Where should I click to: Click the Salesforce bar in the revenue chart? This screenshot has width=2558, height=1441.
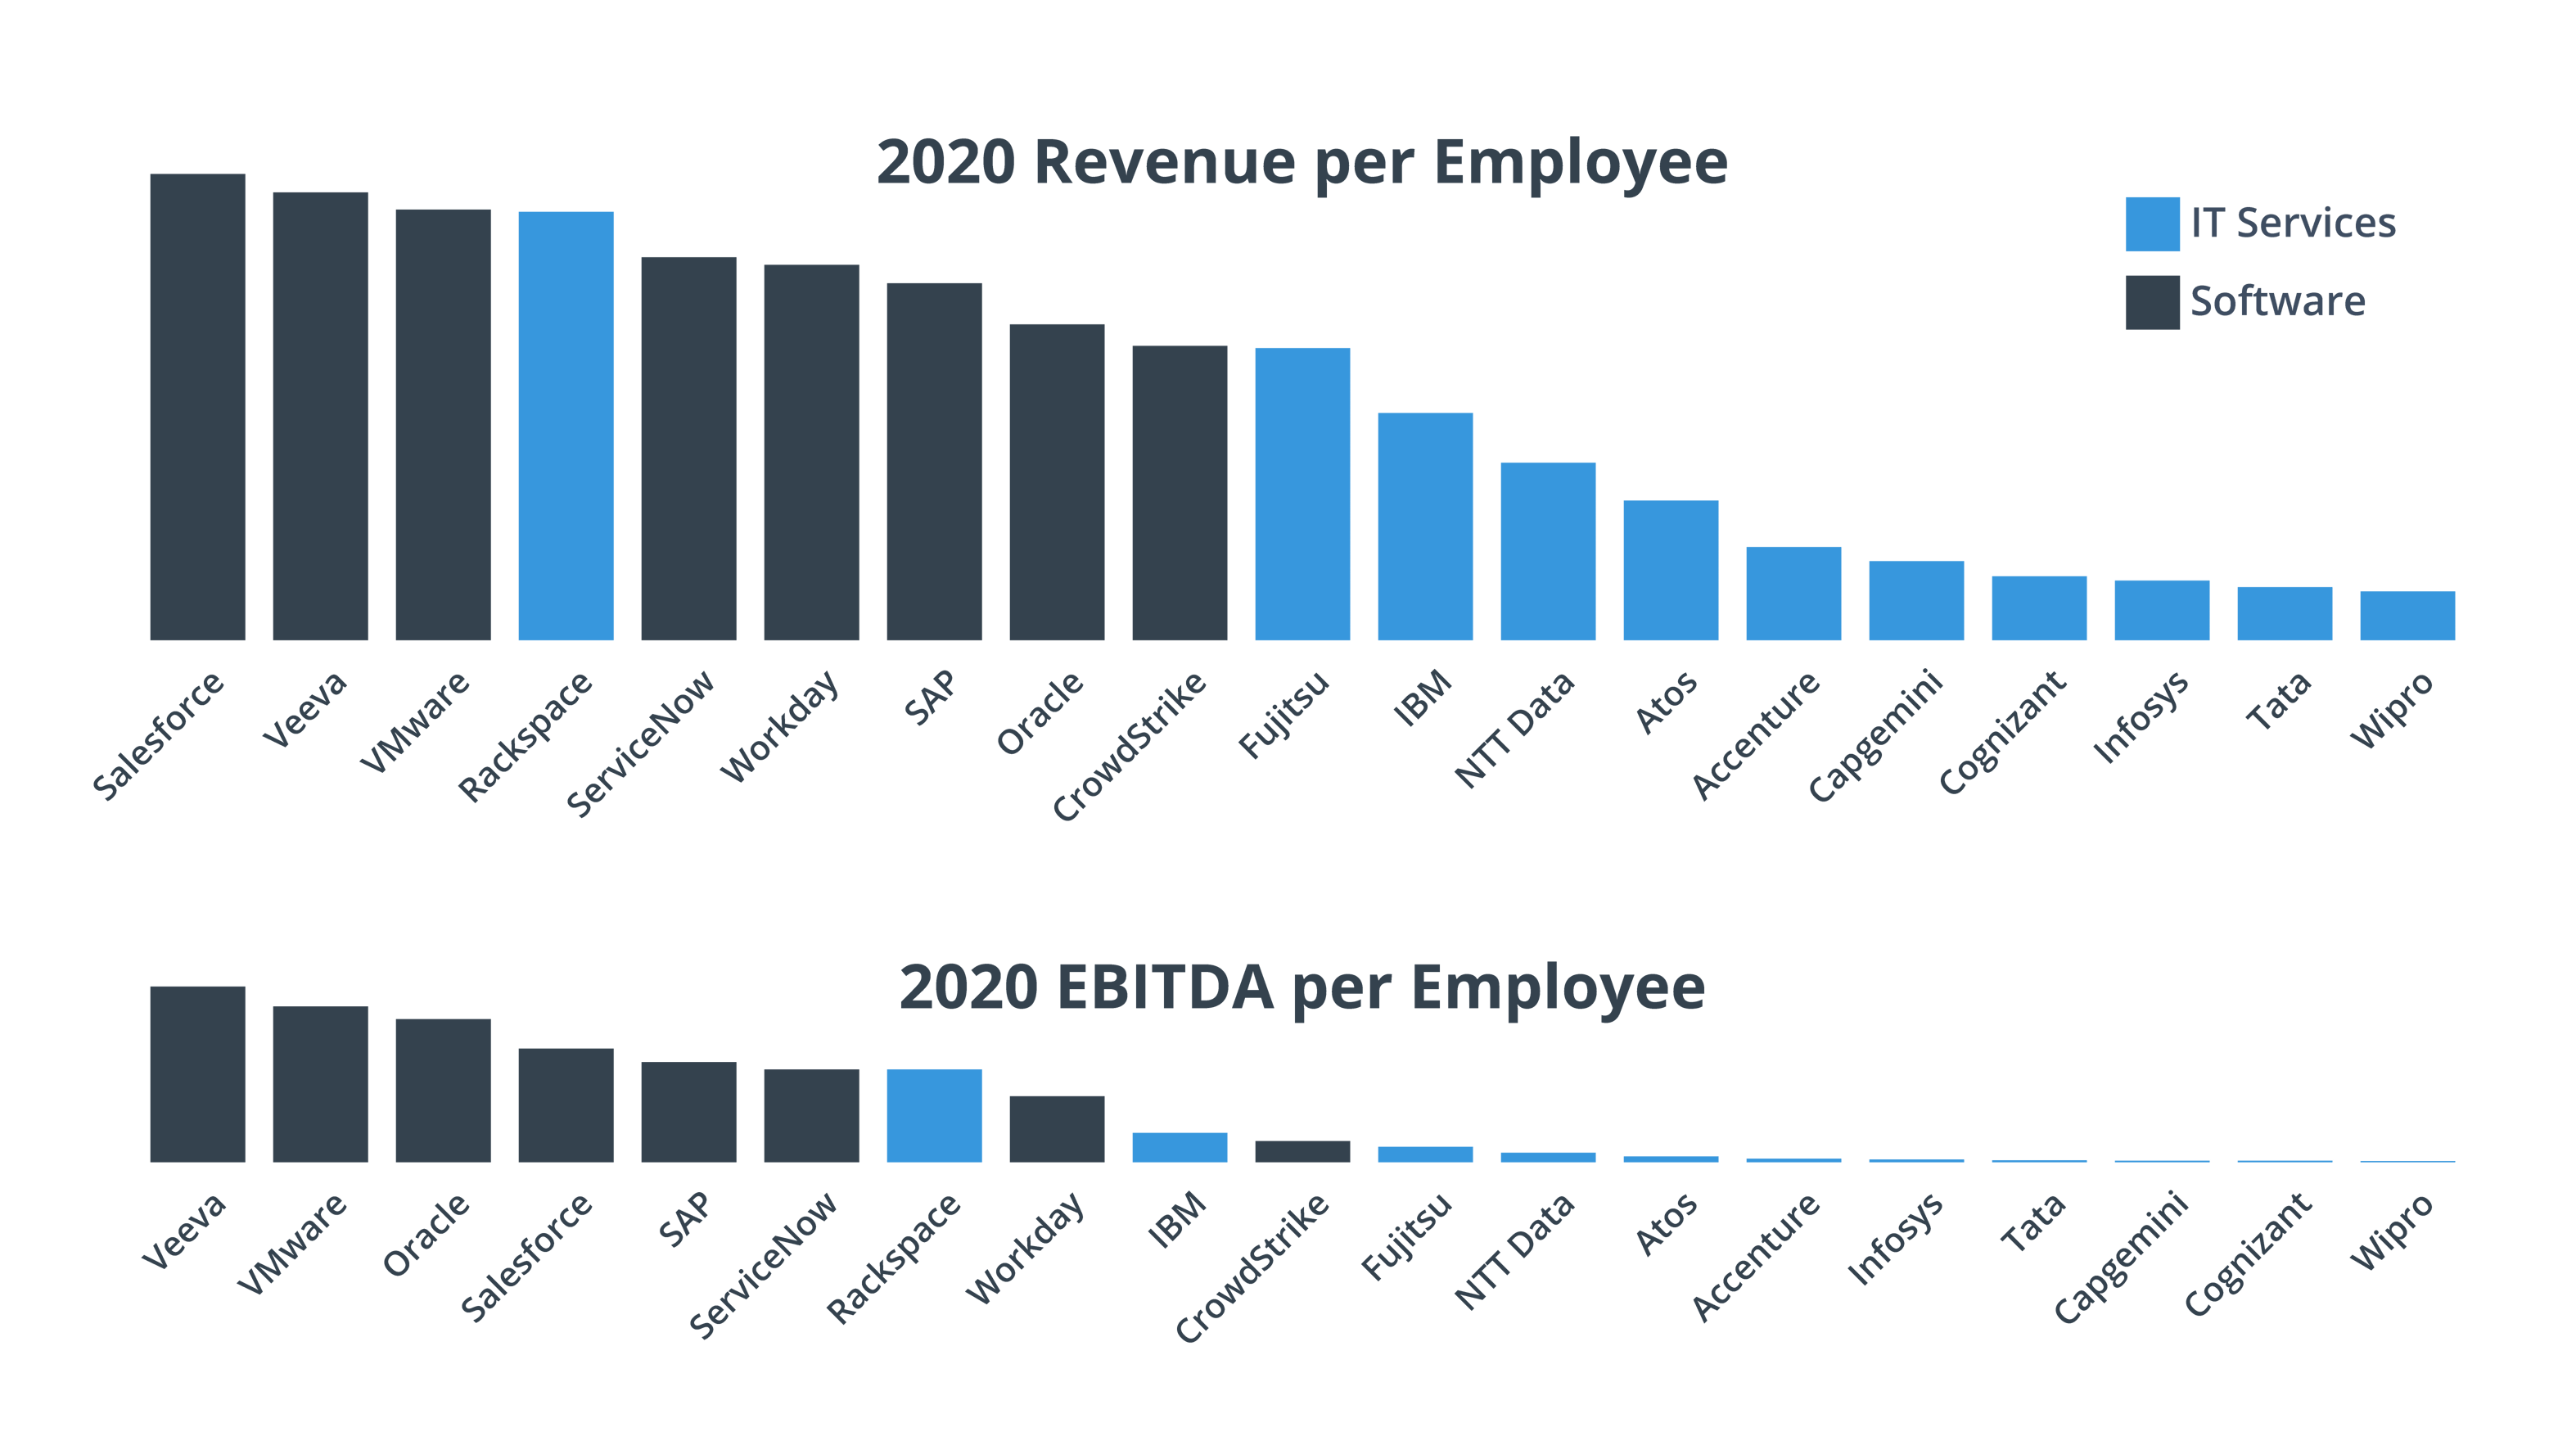tap(197, 407)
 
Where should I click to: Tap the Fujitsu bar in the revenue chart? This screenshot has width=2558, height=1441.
tap(1302, 494)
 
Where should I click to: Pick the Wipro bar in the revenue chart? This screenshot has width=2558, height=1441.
tap(2407, 616)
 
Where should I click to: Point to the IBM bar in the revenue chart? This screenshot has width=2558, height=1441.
tap(1425, 526)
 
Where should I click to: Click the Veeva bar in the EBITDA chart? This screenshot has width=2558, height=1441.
tap(197, 1073)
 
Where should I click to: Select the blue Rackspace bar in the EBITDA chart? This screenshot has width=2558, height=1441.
tap(935, 1115)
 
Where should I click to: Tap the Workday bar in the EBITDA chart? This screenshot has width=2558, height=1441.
tap(1057, 1129)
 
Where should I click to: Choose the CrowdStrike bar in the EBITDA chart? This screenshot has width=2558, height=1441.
tap(1302, 1152)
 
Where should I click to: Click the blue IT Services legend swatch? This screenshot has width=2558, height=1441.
tap(2152, 224)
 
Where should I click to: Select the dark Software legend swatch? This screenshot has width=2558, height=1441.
tap(2152, 302)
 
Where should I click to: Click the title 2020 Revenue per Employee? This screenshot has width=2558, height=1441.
tap(1302, 162)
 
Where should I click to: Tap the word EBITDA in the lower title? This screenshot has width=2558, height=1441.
tap(1164, 987)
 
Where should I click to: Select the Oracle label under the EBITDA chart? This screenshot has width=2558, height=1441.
tap(427, 1235)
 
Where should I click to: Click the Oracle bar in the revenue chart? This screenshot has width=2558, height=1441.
tap(1057, 481)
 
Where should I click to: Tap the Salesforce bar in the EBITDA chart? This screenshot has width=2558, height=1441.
tap(566, 1105)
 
